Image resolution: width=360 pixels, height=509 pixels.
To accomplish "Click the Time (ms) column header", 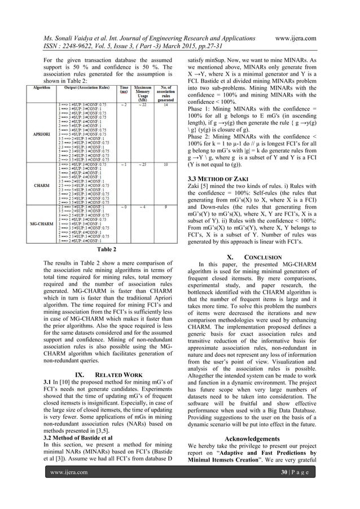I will [123, 90].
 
